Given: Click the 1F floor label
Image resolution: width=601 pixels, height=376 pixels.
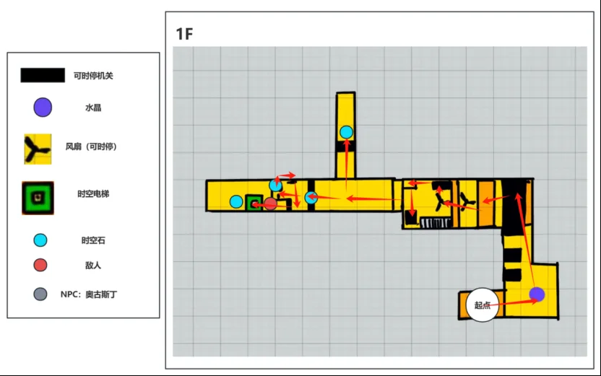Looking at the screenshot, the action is (x=184, y=34).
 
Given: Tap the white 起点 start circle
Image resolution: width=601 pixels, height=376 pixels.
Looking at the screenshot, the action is (x=483, y=305).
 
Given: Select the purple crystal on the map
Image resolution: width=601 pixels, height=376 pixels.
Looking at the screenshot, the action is (x=537, y=294).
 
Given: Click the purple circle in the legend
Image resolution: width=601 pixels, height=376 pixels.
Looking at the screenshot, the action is (x=43, y=108).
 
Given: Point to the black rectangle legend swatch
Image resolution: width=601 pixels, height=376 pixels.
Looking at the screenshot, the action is (x=43, y=75).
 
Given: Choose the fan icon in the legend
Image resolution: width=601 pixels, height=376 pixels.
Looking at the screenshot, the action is (x=38, y=149).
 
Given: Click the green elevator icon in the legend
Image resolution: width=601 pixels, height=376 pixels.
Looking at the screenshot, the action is (x=38, y=198).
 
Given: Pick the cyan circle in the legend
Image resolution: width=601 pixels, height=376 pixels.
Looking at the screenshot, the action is (x=40, y=240).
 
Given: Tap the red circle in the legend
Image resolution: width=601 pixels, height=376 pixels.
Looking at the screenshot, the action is (x=40, y=265).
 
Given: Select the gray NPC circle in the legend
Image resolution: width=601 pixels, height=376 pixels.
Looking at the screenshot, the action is (x=40, y=294).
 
